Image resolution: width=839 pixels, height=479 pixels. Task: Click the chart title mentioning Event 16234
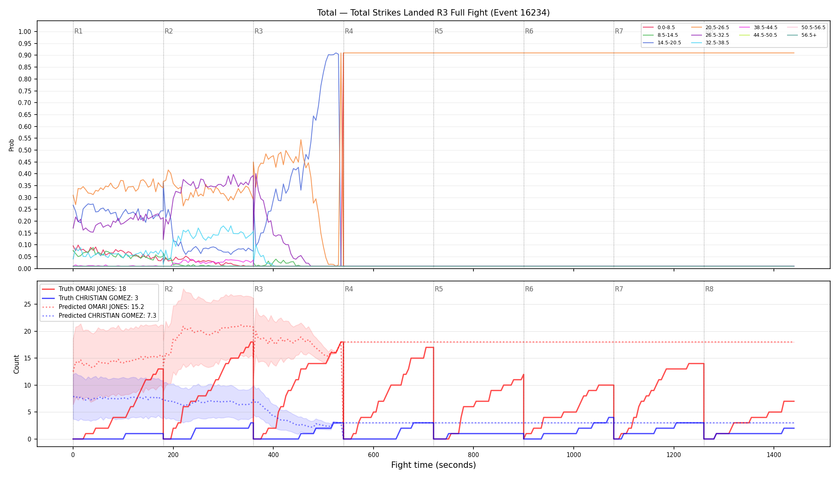tap(433, 13)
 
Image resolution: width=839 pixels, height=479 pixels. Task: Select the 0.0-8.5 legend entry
tap(659, 28)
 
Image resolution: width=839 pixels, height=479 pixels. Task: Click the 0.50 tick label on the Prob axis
tap(25, 150)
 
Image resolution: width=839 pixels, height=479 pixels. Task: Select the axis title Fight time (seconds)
tap(433, 465)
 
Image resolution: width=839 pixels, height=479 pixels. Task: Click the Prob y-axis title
tap(12, 145)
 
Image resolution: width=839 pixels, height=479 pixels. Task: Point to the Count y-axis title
tap(16, 364)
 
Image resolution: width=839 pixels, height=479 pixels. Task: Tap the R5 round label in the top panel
tap(439, 31)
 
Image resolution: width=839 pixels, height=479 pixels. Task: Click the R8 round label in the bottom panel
tap(709, 289)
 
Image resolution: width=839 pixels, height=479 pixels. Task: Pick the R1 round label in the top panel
tap(78, 31)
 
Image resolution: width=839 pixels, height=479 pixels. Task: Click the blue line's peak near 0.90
tap(336, 53)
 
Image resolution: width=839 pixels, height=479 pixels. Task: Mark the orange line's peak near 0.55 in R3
tap(301, 140)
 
